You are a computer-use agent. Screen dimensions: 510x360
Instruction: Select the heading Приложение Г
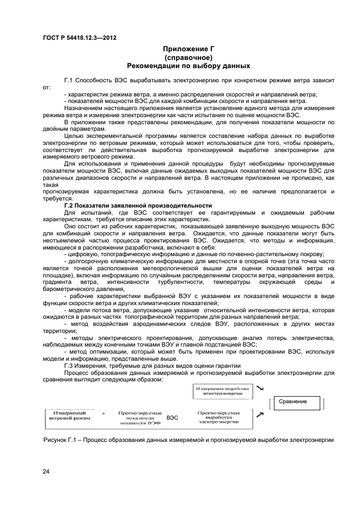pos(188,48)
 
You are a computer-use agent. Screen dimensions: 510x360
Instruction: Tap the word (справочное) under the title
pos(188,57)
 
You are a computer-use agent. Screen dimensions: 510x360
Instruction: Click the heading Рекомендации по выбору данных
pos(188,66)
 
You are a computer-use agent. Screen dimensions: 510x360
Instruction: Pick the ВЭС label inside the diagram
pos(173,418)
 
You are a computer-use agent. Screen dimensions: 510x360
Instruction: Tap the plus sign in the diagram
pos(103,414)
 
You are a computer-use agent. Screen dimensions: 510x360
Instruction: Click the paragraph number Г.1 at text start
pos(69,80)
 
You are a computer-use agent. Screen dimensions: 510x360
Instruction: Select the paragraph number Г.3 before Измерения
pos(70,366)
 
